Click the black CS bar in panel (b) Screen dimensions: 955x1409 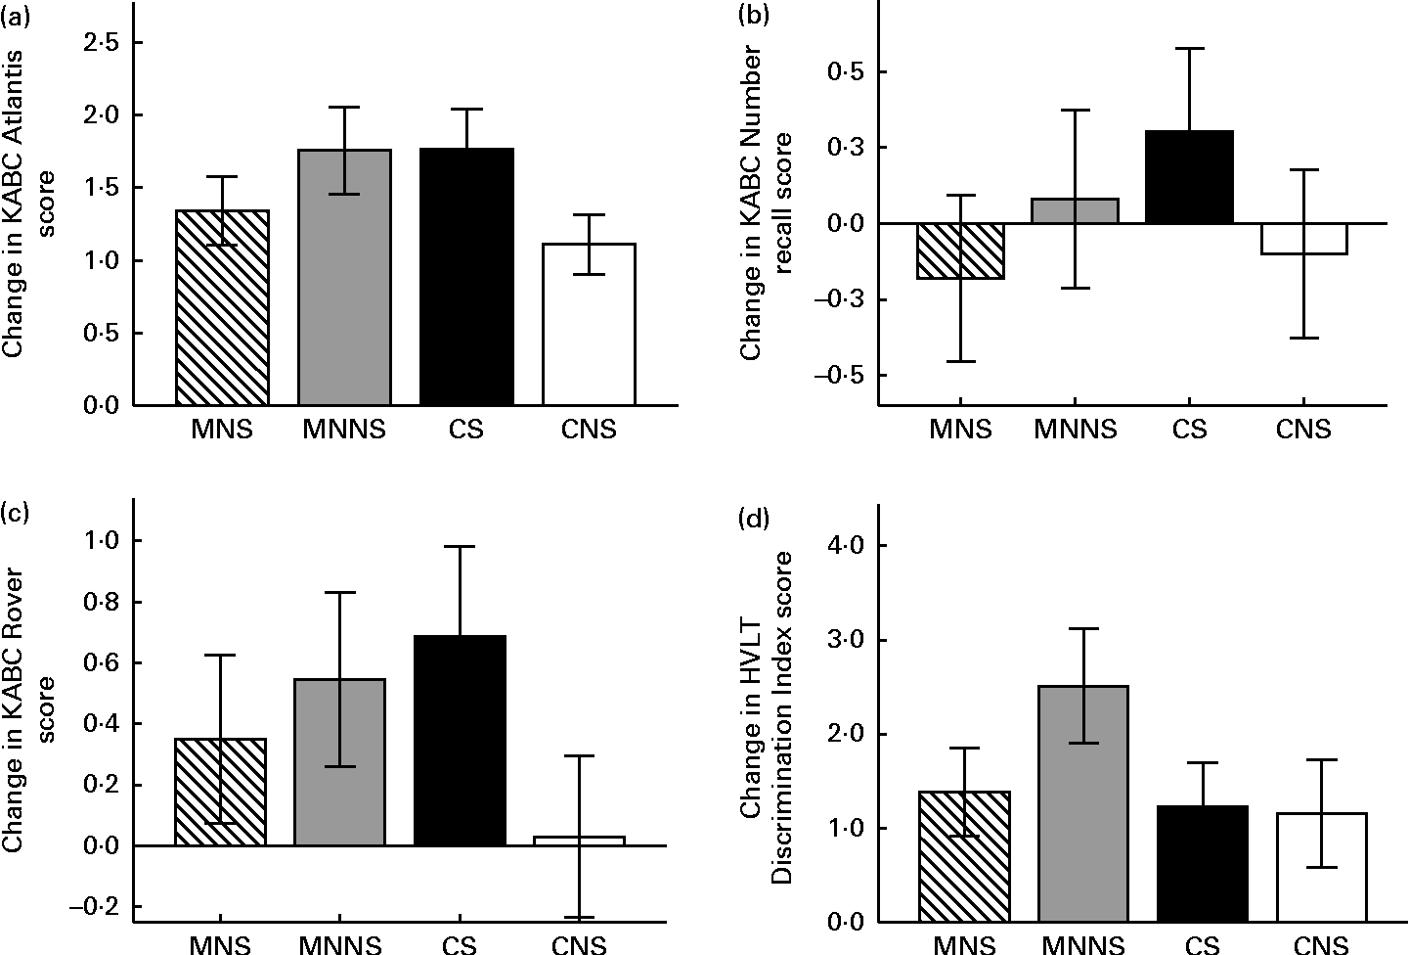1188,177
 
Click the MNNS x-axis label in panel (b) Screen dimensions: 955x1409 1074,430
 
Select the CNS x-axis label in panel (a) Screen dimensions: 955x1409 590,430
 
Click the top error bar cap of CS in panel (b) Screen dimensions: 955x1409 1188,48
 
